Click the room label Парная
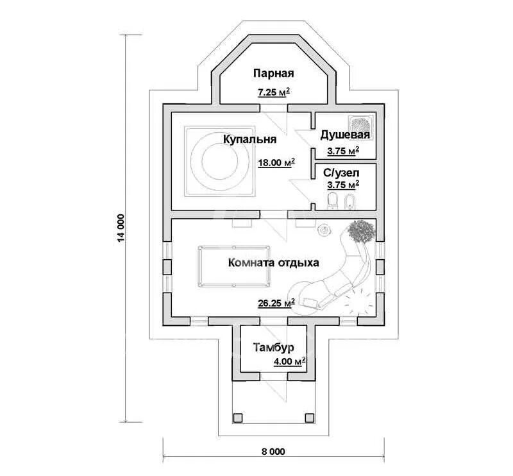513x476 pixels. (273, 72)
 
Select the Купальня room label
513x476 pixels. (249, 139)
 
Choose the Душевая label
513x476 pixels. (345, 135)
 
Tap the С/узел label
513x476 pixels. (341, 172)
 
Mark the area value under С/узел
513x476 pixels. (342, 185)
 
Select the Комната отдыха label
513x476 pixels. (273, 262)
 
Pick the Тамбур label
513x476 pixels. (273, 348)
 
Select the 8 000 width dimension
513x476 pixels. (273, 452)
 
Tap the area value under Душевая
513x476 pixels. (342, 151)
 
